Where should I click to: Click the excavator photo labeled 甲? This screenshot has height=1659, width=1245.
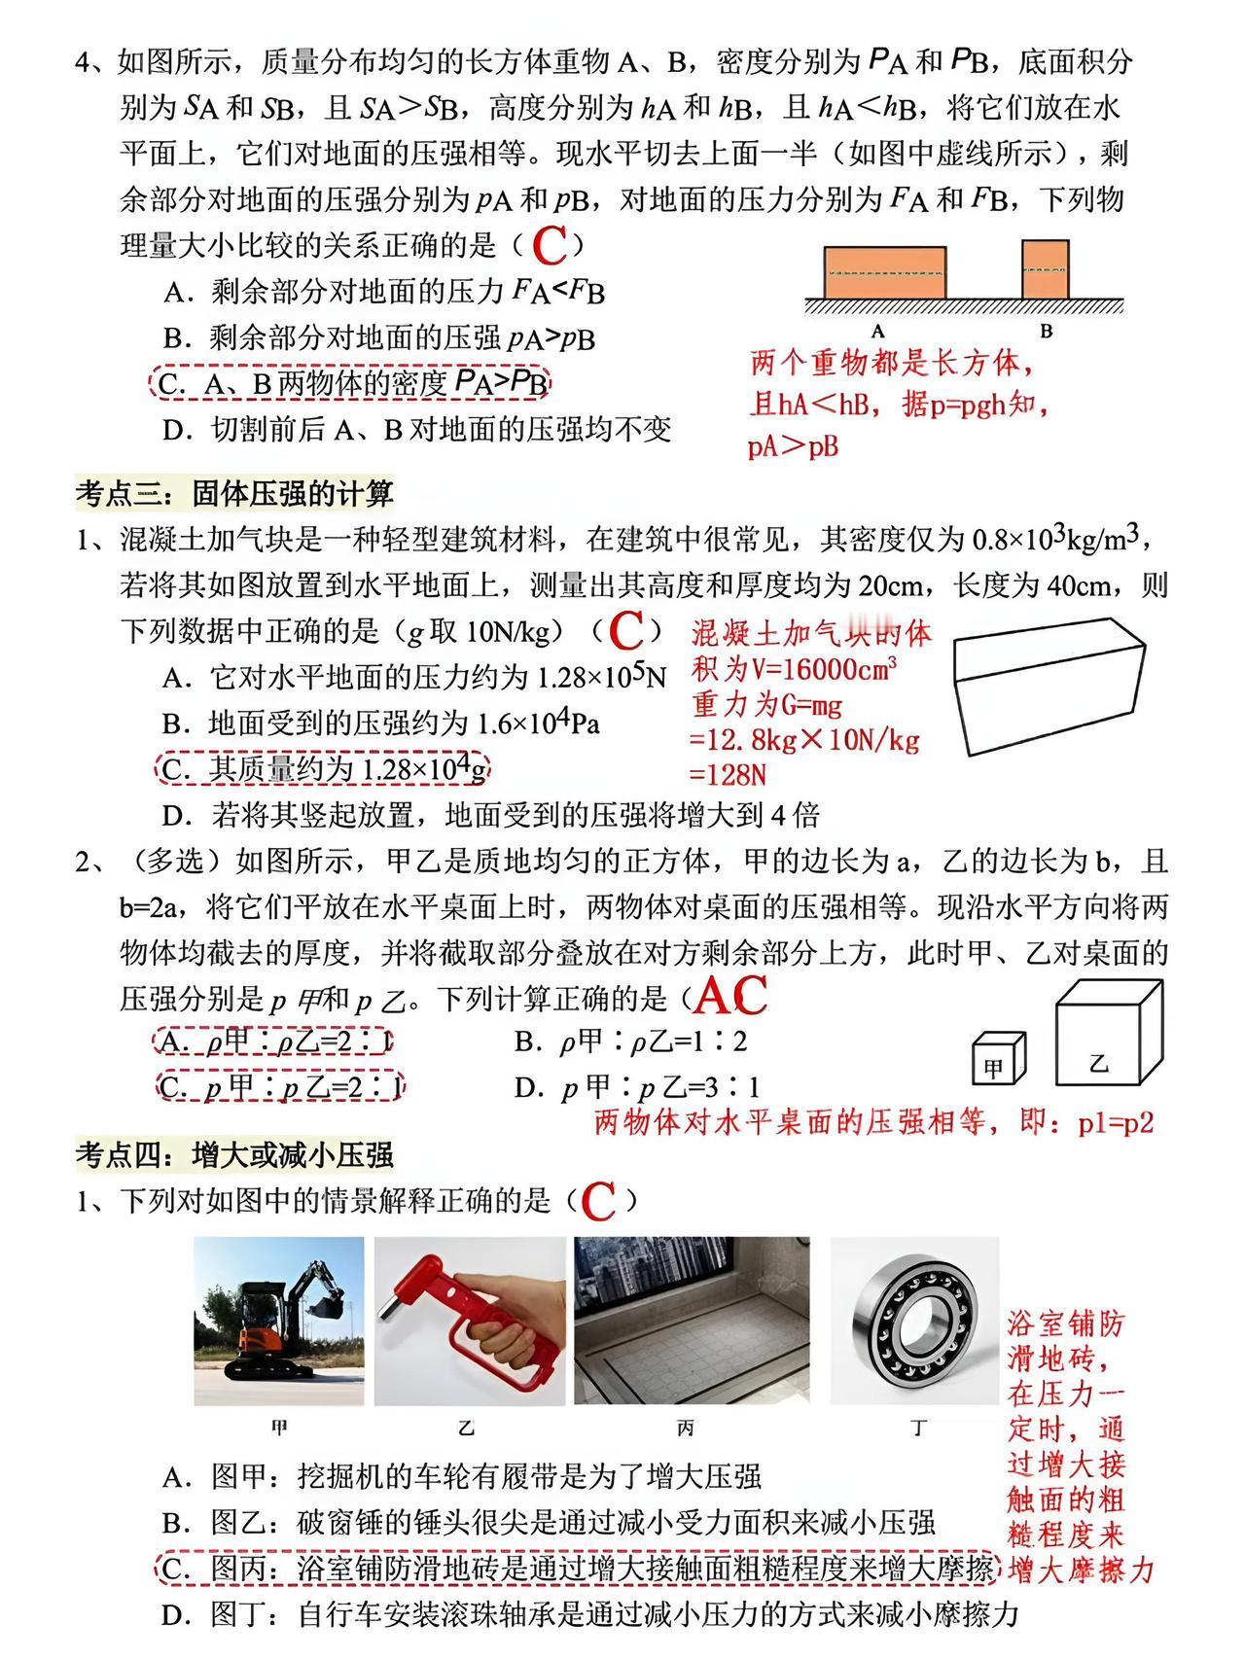(279, 1321)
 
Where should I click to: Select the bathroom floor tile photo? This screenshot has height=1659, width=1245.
(692, 1321)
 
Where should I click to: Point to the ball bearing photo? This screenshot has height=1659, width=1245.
(914, 1321)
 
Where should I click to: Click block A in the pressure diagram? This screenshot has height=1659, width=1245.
(885, 272)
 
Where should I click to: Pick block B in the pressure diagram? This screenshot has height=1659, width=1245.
(1046, 269)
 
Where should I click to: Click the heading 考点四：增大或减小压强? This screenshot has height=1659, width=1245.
(235, 1154)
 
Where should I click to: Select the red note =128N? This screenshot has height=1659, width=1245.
(729, 774)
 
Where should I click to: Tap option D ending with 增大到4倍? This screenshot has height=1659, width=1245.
(491, 815)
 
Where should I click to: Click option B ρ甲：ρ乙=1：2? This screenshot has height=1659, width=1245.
(631, 1042)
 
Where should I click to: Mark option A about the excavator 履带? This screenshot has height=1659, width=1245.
(462, 1477)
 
